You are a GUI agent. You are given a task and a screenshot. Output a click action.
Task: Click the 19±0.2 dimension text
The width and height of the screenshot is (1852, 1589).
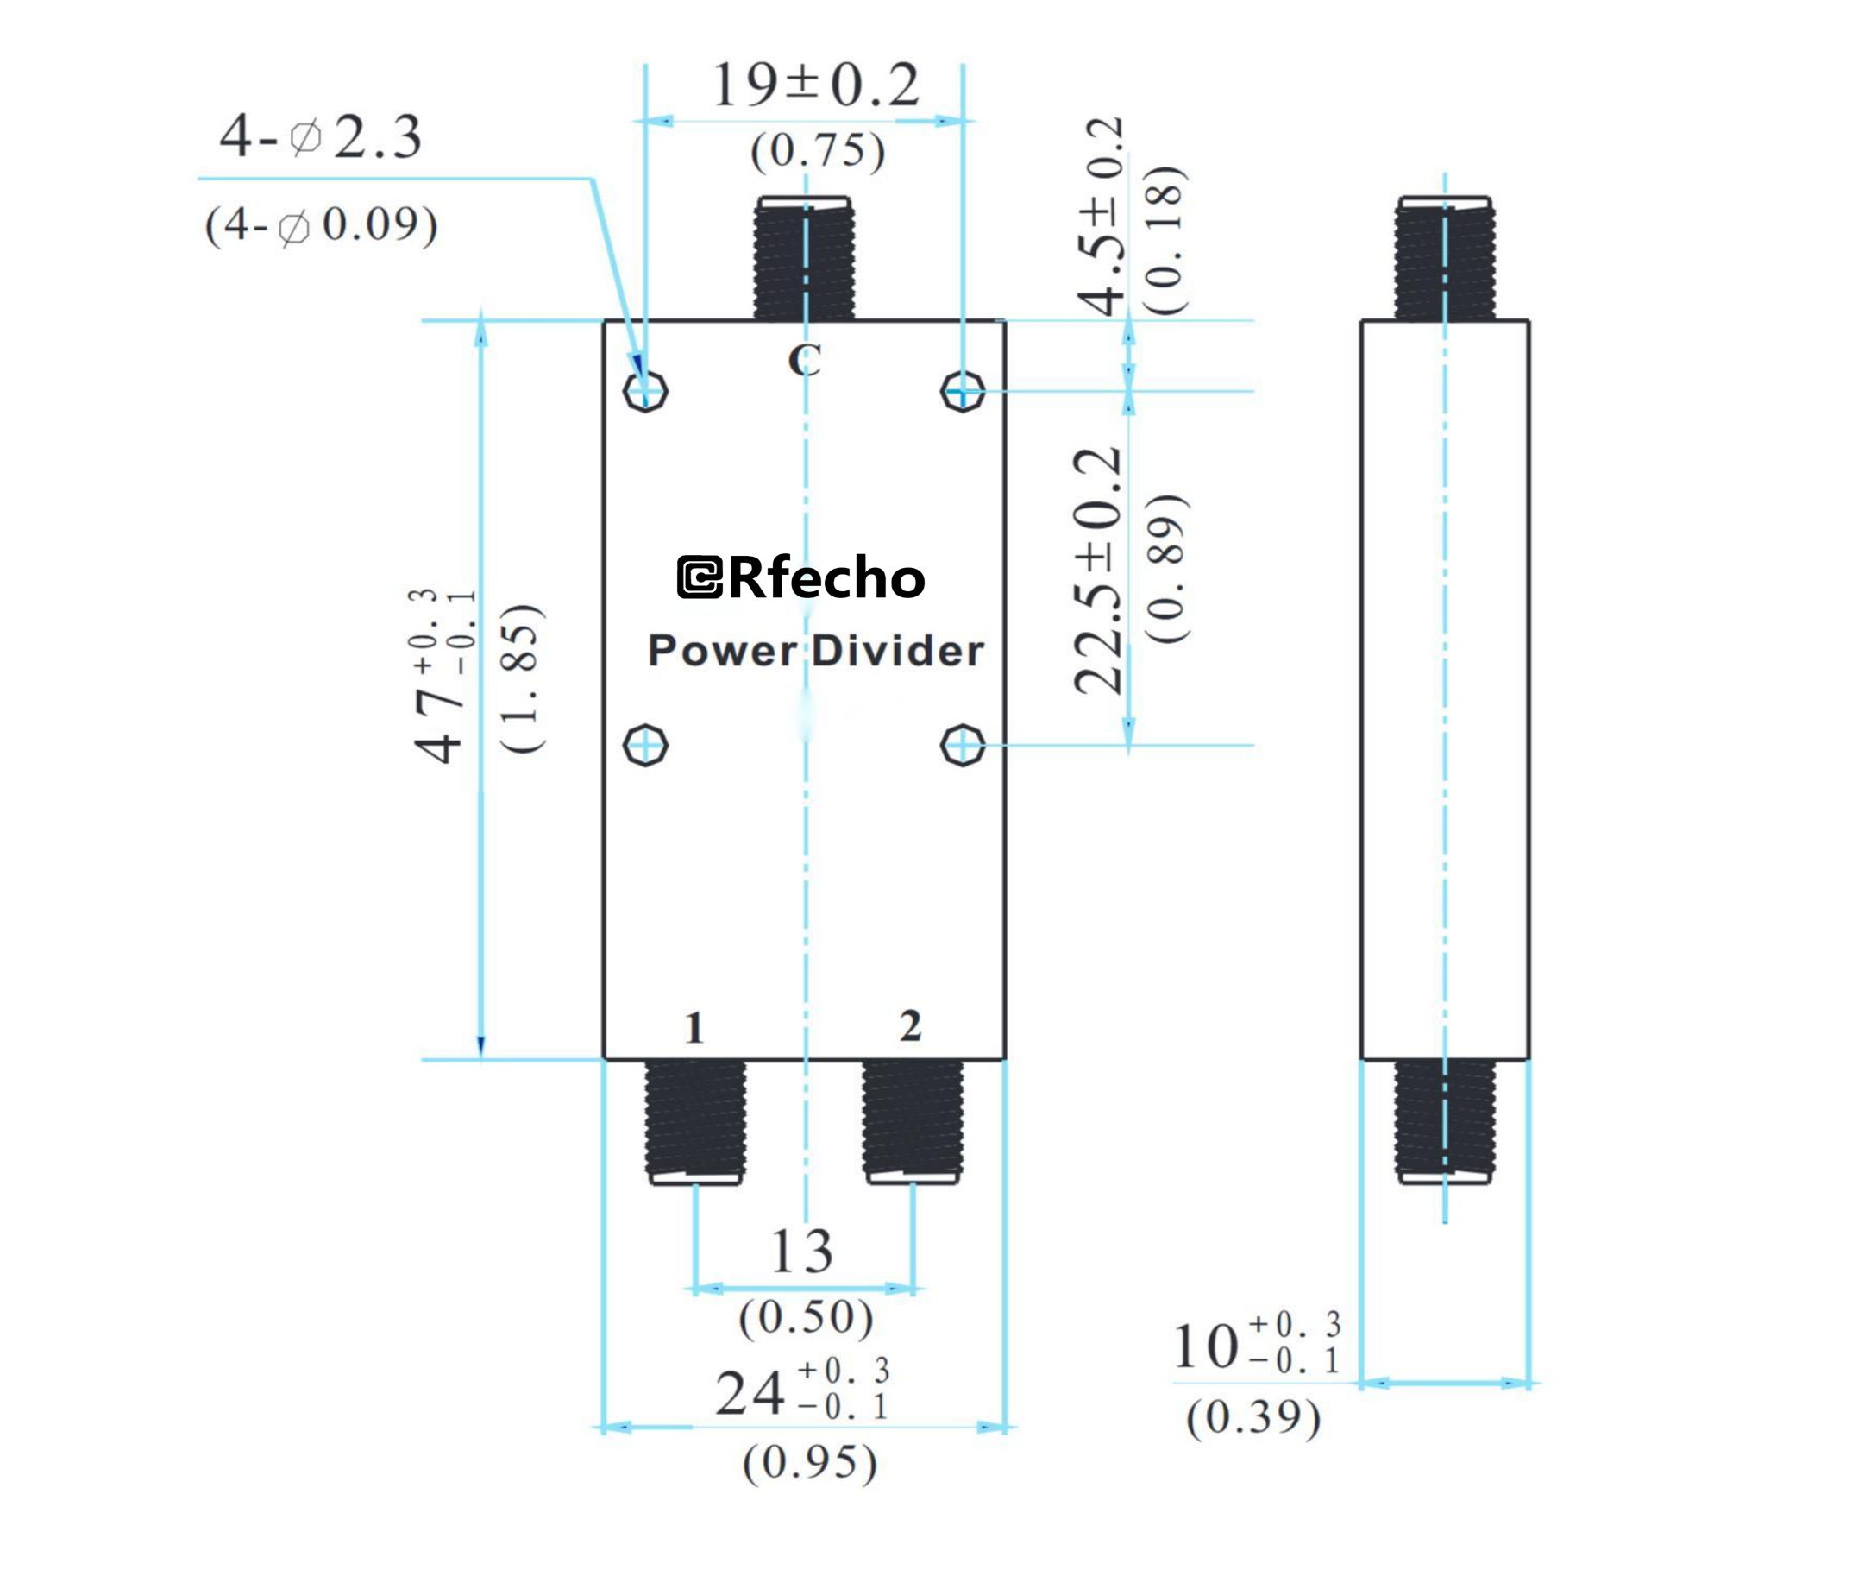click(x=814, y=85)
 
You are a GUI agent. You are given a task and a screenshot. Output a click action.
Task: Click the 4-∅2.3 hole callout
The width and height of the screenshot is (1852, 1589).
click(x=320, y=138)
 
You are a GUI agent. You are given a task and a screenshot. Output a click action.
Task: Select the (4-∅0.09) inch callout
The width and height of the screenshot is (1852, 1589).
click(x=321, y=224)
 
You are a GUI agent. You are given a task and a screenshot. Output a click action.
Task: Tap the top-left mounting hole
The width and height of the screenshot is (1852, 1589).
click(x=645, y=392)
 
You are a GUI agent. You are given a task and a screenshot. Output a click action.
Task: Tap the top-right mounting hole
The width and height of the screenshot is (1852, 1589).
click(x=963, y=392)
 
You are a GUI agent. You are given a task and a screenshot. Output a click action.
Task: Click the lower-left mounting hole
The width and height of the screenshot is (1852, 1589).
click(x=645, y=745)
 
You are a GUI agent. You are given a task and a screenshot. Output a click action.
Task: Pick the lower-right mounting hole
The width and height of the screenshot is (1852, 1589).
click(x=963, y=745)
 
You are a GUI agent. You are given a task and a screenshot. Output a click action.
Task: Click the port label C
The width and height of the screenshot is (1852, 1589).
click(x=804, y=361)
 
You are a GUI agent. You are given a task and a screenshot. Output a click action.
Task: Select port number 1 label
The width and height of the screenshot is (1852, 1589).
click(x=694, y=1028)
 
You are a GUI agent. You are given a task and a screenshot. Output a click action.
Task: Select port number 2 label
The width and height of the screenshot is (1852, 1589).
click(x=910, y=1026)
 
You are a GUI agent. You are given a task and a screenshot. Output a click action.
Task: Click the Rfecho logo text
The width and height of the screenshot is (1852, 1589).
click(x=801, y=577)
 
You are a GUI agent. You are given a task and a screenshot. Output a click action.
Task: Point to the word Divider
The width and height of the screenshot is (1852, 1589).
click(x=897, y=651)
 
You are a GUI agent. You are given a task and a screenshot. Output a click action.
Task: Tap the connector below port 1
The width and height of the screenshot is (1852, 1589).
click(x=695, y=1122)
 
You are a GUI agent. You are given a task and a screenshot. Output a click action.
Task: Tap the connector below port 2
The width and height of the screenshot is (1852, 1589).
click(x=913, y=1120)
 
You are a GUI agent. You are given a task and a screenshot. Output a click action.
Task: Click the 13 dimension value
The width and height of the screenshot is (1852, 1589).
click(x=801, y=1252)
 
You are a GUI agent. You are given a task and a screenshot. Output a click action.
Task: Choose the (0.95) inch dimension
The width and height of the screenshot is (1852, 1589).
click(x=810, y=1463)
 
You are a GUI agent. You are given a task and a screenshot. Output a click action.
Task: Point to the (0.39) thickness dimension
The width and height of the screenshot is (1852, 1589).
click(x=1253, y=1417)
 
